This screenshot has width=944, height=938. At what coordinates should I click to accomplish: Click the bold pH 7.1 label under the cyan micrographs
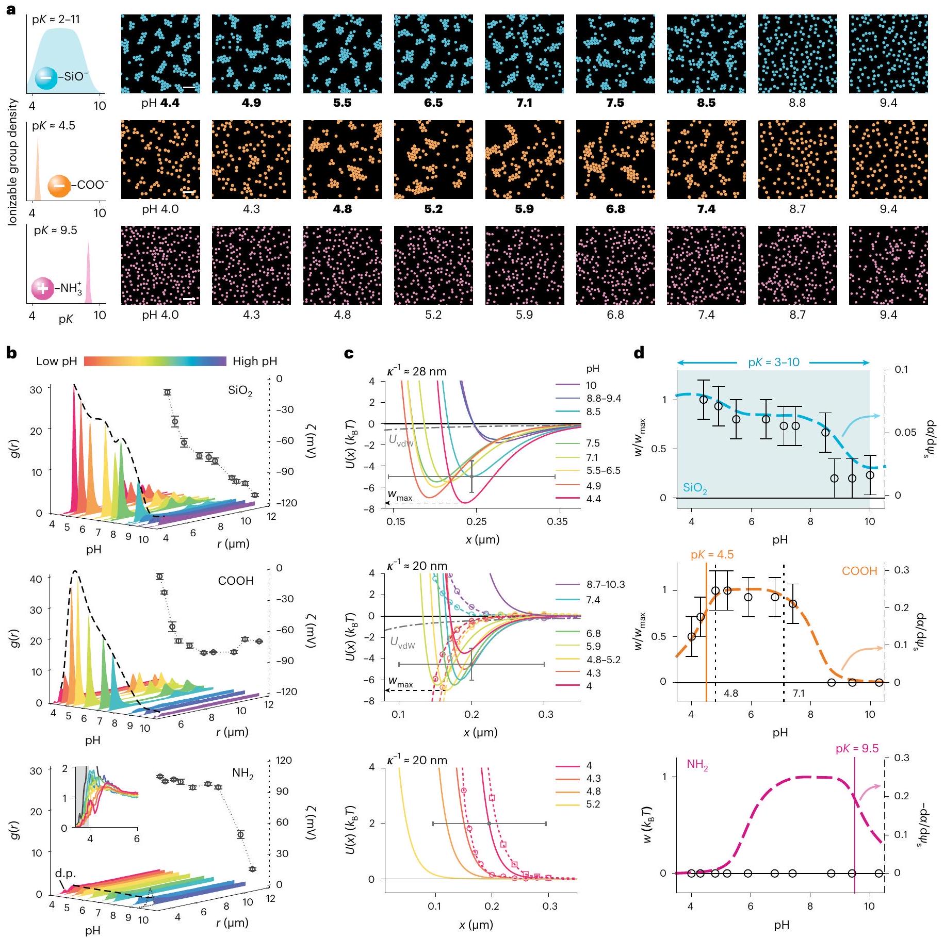click(x=524, y=103)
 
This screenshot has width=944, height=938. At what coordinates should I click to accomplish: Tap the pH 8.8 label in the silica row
click(x=797, y=103)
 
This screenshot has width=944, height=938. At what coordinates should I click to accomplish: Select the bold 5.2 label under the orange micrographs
click(x=433, y=209)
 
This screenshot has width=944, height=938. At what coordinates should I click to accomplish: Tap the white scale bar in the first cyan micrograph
click(x=189, y=87)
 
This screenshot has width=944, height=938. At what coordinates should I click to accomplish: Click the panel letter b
click(x=11, y=353)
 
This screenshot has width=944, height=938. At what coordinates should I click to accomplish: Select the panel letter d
click(x=639, y=353)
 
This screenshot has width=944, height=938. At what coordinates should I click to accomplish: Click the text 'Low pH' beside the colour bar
click(x=56, y=361)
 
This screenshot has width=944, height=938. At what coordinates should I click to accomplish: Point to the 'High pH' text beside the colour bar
click(x=255, y=361)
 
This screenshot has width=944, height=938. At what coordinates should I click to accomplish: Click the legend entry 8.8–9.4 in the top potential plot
click(x=604, y=398)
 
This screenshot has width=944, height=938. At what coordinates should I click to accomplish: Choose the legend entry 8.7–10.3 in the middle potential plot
click(x=605, y=584)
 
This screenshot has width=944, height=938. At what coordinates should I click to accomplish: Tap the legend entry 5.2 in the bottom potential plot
click(x=593, y=804)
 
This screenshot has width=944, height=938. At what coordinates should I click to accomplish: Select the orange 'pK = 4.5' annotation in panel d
click(x=712, y=555)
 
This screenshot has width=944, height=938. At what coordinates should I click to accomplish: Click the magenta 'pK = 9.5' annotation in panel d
click(x=857, y=748)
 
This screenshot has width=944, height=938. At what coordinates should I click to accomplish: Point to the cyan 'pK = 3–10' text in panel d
click(x=773, y=362)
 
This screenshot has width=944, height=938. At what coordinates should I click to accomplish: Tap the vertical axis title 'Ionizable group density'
click(x=13, y=162)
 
